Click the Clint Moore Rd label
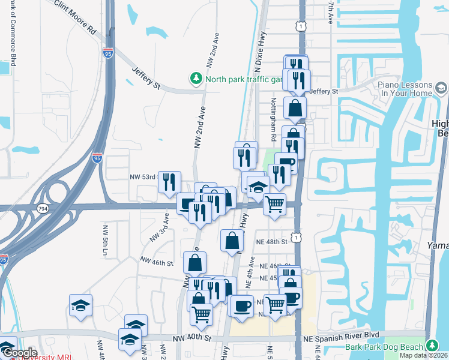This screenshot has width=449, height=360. [x=75, y=17]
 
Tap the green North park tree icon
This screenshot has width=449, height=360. [x=196, y=79]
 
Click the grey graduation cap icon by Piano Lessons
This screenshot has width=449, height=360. [x=441, y=89]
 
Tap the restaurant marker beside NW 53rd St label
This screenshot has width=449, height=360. [x=170, y=181]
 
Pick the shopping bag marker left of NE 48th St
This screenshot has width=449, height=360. [x=232, y=241]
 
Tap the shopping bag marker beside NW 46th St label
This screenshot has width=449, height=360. [x=195, y=262]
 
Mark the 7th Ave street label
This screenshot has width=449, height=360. [x=331, y=12]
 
